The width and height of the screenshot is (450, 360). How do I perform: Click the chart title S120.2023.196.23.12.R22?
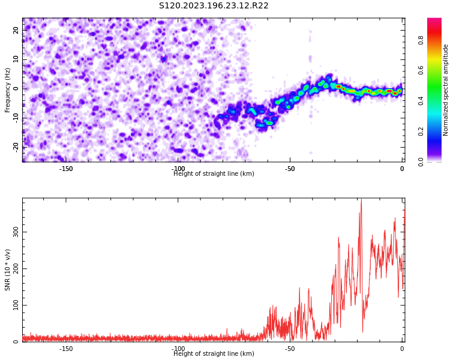point(214,6)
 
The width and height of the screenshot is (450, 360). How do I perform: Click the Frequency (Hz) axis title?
point(7,90)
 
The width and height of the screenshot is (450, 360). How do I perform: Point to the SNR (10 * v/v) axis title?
point(7,270)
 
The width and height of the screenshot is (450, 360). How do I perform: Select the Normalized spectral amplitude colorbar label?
point(445,90)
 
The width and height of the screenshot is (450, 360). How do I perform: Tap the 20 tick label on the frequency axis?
point(16,30)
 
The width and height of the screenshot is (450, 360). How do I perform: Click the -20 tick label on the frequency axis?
point(16,147)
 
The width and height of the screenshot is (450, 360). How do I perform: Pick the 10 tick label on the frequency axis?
point(16,59)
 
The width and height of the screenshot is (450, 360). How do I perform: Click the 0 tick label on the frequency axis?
point(16,89)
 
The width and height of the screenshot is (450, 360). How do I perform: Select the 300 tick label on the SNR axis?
point(16,232)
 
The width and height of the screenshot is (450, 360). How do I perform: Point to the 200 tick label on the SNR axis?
point(16,268)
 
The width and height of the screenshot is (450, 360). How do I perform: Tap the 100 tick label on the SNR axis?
point(16,305)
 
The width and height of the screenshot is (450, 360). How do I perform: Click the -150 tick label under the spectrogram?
point(66,169)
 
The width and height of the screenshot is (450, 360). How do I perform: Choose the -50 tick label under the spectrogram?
point(290,169)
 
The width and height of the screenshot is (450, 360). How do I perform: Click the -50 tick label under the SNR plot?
point(290,349)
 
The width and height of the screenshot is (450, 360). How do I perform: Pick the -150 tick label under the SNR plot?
point(66,349)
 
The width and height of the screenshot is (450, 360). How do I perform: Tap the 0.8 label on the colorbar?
point(421,40)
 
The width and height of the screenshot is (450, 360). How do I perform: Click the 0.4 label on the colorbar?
point(421,101)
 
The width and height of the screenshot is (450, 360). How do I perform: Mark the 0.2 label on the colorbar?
point(421,131)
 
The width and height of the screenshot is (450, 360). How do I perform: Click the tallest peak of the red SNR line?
point(361,199)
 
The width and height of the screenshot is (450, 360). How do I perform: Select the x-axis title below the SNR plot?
point(214,353)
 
